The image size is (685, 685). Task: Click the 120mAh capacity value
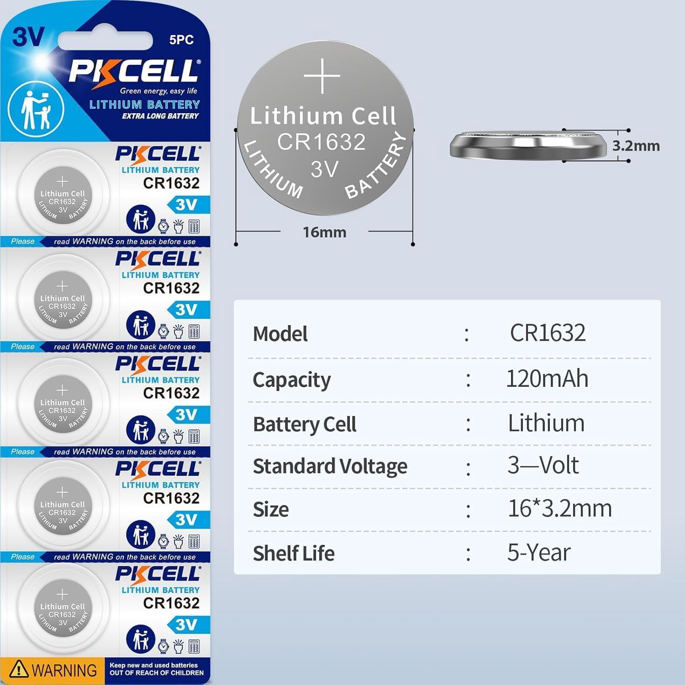point(547,379)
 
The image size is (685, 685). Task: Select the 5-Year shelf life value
point(538,553)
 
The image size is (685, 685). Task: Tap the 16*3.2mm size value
point(559,508)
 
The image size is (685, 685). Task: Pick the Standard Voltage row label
point(330,466)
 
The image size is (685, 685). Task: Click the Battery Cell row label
point(304,424)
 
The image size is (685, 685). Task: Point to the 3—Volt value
point(543,465)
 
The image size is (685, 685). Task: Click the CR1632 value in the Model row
point(547,332)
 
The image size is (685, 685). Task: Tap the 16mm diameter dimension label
point(324,232)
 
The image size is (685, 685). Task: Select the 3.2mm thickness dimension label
point(636,146)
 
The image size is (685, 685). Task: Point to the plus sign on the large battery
point(322,76)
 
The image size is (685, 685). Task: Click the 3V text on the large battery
point(324,169)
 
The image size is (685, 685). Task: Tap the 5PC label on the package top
point(181,40)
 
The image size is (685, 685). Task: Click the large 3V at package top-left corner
point(28,37)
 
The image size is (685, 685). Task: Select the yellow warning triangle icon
point(19,669)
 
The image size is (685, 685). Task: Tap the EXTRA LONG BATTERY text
point(160,116)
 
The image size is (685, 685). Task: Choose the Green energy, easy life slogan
point(158,91)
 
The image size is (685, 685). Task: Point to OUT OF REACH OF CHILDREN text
point(156,673)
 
